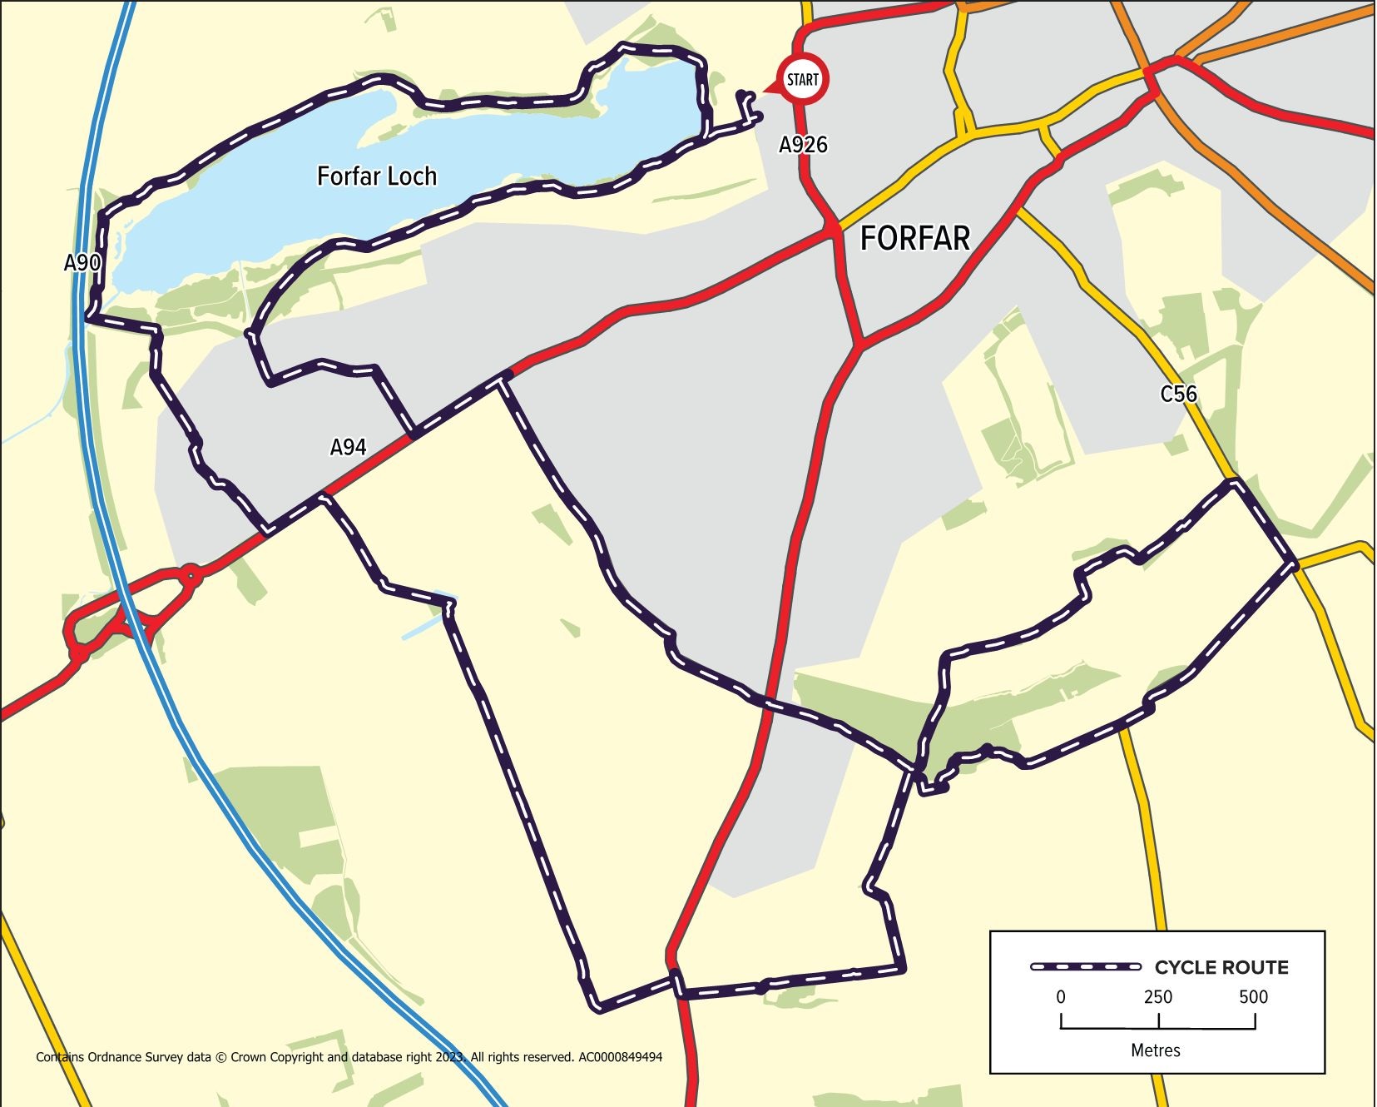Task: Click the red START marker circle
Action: [x=802, y=80]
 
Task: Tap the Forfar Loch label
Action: [x=377, y=176]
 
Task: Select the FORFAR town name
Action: [x=914, y=239]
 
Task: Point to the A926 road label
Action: [x=803, y=145]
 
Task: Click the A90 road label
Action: [x=82, y=263]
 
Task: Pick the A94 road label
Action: [x=348, y=448]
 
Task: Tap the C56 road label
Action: [x=1178, y=394]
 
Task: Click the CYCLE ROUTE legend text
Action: [x=1221, y=967]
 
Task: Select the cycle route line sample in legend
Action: [x=1085, y=966]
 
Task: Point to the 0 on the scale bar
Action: [x=1061, y=997]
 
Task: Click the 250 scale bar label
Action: [x=1157, y=997]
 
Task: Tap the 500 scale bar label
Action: [x=1253, y=997]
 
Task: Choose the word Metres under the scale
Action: [x=1156, y=1050]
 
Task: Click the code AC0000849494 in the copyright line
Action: [x=620, y=1058]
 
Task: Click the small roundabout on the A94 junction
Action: [x=191, y=574]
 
